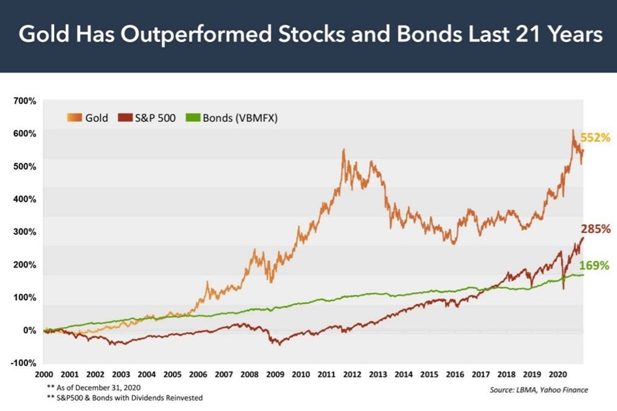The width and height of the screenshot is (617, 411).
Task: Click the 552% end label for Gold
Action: (595, 138)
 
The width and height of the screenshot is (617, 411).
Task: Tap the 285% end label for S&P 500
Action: (595, 230)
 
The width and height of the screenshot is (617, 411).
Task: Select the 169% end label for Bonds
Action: (594, 266)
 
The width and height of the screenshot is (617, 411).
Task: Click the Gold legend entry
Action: (88, 118)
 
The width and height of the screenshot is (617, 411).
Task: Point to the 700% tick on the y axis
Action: (25, 101)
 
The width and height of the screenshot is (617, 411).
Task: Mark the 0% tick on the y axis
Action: (29, 330)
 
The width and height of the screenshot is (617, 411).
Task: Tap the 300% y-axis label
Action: (25, 232)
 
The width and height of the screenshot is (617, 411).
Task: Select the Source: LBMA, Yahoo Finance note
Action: (538, 390)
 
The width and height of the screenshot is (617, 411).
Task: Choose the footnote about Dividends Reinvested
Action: (125, 397)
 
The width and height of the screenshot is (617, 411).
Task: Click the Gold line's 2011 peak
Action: (343, 151)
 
